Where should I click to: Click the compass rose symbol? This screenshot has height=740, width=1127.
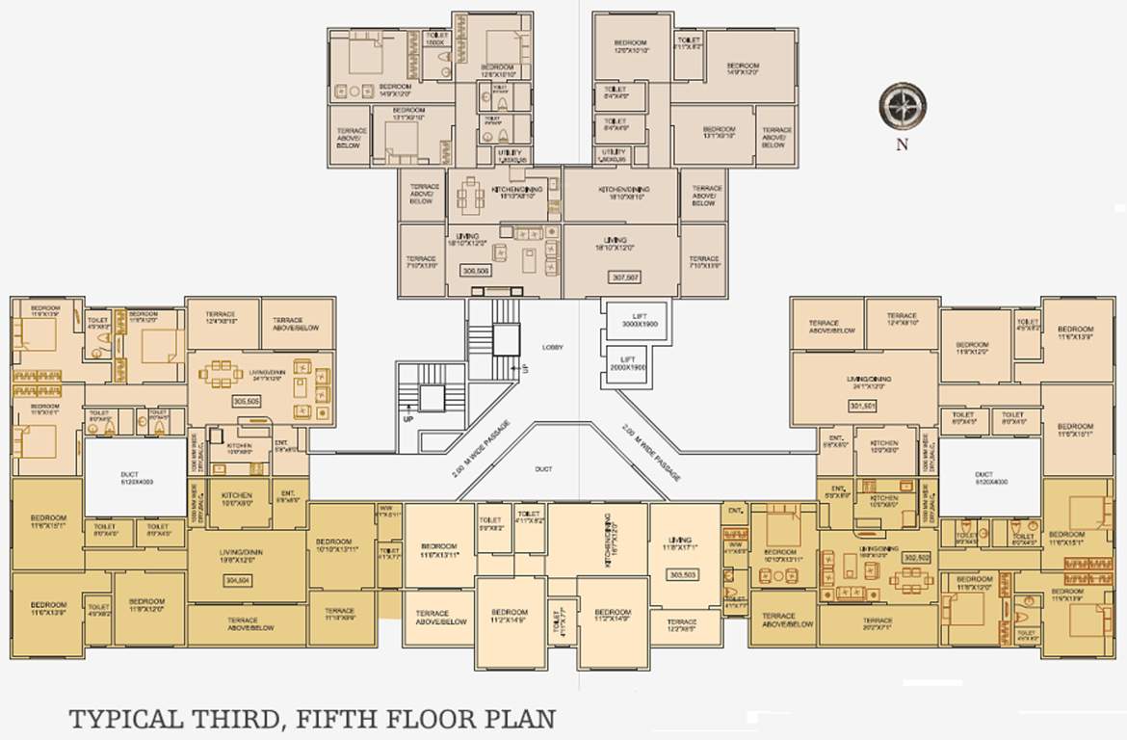[903, 105]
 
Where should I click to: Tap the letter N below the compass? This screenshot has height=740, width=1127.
[902, 145]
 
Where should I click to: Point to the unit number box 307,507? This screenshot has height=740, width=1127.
[625, 277]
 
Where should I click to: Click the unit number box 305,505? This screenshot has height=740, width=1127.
[220, 400]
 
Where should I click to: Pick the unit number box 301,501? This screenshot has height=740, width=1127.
[862, 406]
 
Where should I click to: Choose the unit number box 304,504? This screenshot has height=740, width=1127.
[237, 581]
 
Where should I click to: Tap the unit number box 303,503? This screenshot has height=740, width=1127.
[682, 575]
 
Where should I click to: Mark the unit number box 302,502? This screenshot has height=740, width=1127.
[915, 557]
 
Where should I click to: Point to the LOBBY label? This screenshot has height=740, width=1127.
[552, 347]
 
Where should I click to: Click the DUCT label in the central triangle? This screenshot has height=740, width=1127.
[544, 469]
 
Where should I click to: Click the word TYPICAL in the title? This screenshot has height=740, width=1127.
[124, 720]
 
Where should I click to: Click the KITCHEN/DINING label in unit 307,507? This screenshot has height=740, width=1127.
[620, 192]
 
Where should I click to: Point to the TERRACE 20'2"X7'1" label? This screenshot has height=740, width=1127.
[877, 623]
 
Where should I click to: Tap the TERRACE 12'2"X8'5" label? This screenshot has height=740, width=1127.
[681, 625]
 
